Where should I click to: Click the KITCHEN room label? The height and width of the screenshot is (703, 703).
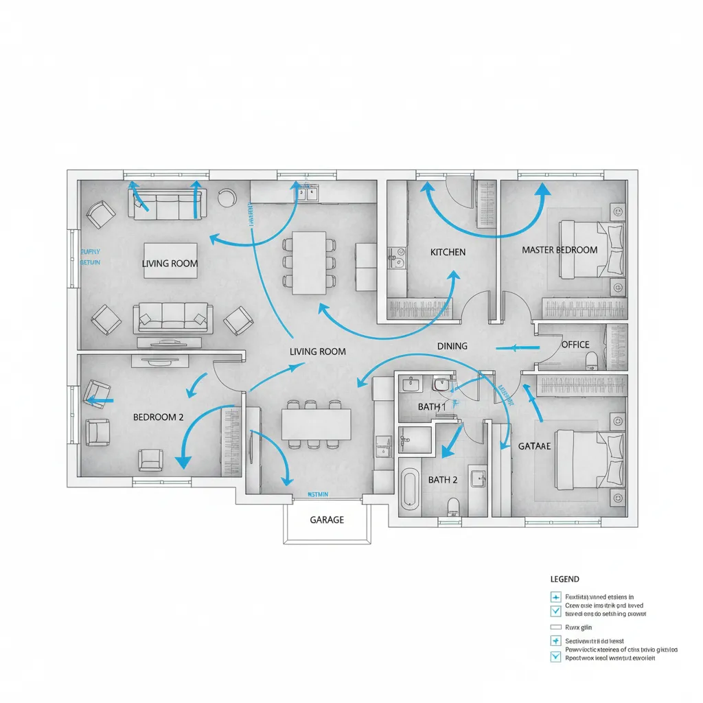click(x=448, y=252)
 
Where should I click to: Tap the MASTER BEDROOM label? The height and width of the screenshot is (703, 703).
click(x=559, y=250)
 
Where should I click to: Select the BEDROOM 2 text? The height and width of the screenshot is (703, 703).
click(x=158, y=417)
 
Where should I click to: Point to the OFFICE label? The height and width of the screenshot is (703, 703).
click(x=575, y=345)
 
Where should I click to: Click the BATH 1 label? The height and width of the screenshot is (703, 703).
click(x=432, y=407)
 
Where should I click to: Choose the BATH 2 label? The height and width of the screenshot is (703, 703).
click(x=442, y=479)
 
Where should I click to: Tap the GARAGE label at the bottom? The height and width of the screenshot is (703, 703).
click(x=327, y=520)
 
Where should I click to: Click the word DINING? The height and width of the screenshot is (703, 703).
click(x=452, y=346)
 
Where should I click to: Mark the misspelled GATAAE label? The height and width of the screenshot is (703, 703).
click(x=534, y=446)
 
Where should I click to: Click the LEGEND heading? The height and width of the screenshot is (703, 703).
click(x=564, y=579)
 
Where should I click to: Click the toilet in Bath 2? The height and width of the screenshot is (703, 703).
click(x=452, y=507)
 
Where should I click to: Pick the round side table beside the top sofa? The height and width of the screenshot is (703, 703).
click(x=225, y=197)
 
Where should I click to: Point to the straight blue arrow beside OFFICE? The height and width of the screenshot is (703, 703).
click(x=514, y=348)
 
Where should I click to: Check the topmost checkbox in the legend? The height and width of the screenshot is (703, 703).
click(x=555, y=597)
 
